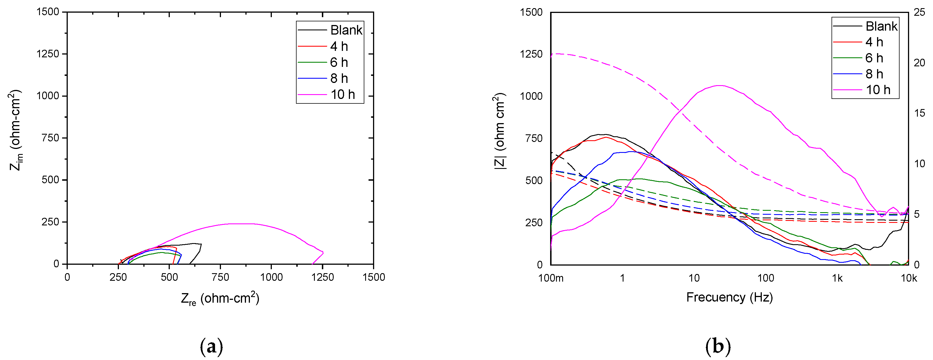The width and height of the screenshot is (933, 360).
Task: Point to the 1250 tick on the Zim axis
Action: click(x=48, y=54)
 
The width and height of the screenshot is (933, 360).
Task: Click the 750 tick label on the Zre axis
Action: click(x=220, y=277)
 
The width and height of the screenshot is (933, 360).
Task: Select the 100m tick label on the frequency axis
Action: click(x=550, y=278)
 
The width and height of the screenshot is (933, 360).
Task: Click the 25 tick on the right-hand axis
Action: click(x=919, y=12)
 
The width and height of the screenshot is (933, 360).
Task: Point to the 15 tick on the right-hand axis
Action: click(x=919, y=113)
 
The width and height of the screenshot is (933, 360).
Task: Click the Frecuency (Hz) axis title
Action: click(x=729, y=297)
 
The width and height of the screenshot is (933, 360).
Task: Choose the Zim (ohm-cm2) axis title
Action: click(x=15, y=130)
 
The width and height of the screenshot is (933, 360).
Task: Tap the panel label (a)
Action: click(x=211, y=347)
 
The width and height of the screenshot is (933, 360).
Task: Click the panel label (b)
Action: click(x=718, y=347)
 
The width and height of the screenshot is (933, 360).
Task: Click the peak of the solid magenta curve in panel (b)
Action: click(x=720, y=85)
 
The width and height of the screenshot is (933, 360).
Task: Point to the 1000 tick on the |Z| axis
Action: click(x=531, y=96)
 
